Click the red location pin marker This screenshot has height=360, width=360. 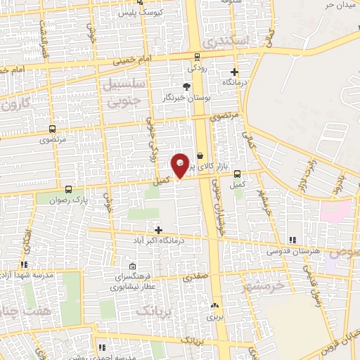(181, 165)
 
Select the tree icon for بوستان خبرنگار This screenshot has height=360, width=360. (186, 86)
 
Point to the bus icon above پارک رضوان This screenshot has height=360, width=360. (68, 188)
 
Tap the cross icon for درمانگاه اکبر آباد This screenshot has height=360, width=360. (158, 230)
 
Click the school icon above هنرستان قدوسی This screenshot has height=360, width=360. (292, 240)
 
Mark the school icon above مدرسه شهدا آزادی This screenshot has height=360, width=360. (24, 264)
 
